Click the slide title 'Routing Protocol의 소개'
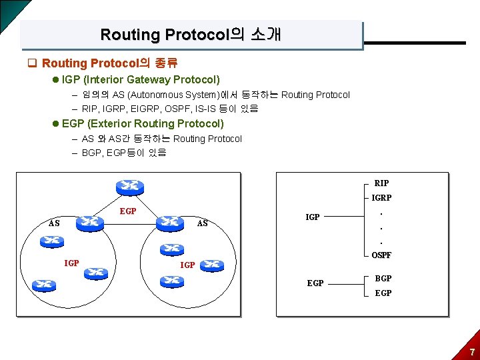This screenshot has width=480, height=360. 191,35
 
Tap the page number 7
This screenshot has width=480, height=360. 472,352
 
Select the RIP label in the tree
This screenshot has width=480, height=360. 382,183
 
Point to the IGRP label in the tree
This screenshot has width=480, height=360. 382,198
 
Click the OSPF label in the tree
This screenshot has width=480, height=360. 382,255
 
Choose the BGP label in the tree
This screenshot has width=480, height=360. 383,278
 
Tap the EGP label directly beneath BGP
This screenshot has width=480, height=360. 383,293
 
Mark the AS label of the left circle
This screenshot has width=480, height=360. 54,223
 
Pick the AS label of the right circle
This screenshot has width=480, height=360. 203,223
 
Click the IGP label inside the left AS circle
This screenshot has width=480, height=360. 71,263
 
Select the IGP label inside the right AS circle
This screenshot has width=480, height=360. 188,265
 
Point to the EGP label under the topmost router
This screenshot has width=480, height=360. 127,211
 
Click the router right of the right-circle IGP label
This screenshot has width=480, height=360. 213,265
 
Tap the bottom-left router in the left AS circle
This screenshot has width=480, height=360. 45,283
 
